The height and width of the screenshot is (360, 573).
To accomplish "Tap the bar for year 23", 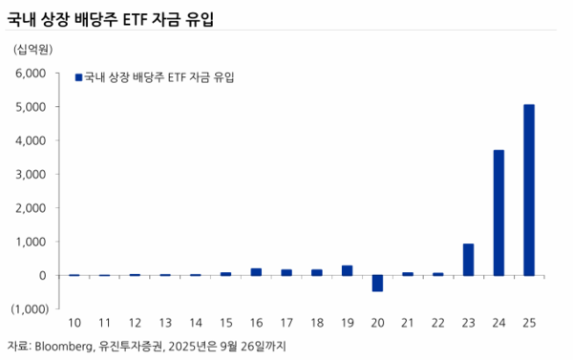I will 468,259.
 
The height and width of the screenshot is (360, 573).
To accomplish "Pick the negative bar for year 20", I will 377,283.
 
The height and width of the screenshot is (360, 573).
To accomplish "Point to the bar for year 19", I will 347,270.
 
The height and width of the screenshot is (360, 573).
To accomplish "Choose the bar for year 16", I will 256,272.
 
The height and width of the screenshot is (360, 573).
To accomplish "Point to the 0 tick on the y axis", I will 43,275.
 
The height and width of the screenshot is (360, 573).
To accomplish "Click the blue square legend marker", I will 78,77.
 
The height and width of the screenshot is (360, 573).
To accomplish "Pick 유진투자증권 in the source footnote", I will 133,345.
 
